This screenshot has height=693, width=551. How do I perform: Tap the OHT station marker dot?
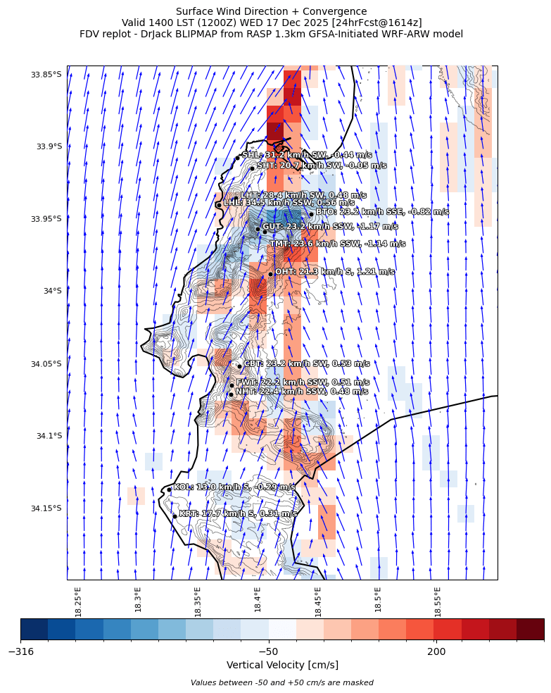tap(270, 274)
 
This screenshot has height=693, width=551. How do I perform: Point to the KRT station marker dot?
tap(175, 516)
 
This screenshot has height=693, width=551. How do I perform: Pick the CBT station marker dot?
tap(239, 366)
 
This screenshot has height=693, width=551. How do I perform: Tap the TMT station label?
tap(337, 244)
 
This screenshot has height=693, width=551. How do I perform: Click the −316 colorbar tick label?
tap(21, 651)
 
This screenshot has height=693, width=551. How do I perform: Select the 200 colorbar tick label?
tap(436, 651)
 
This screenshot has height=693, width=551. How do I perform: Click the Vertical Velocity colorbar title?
tap(282, 665)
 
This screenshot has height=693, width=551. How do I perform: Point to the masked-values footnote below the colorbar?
tap(282, 682)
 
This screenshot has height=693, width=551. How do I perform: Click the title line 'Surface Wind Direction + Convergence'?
tap(271, 11)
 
